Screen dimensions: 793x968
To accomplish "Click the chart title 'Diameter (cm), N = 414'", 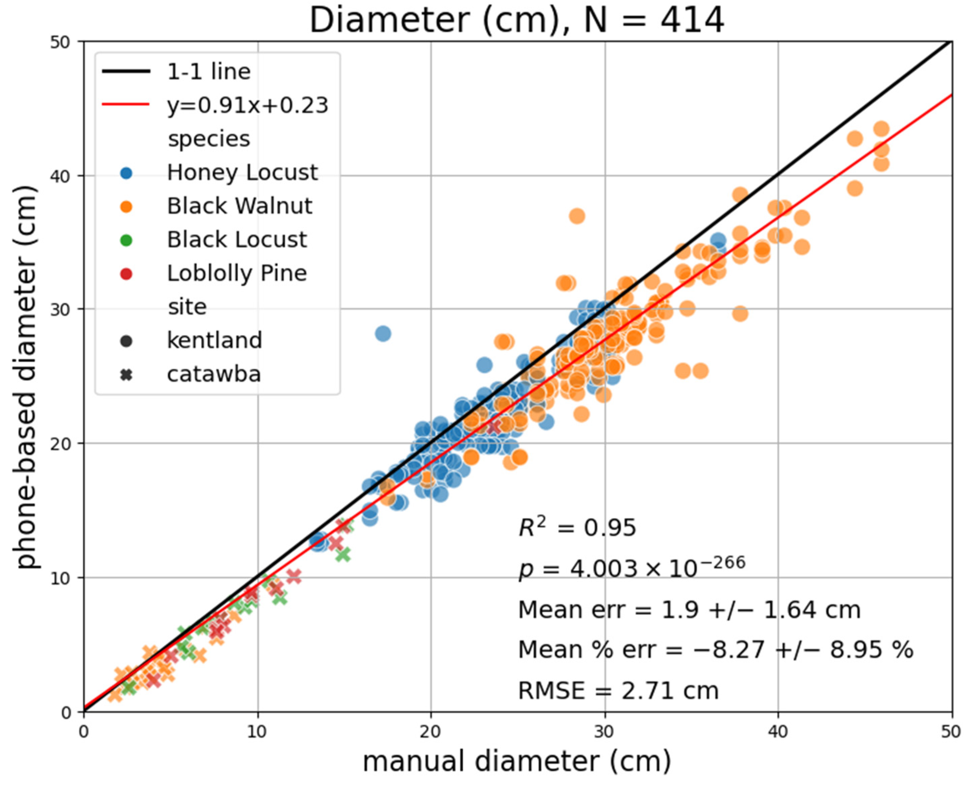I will coord(517,20).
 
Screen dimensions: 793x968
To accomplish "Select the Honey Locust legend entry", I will coord(242,173).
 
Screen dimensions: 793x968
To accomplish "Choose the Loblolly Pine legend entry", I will coord(237,273).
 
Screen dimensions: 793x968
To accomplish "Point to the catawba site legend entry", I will coord(213,374).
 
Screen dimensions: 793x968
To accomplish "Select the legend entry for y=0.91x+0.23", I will coord(247,105).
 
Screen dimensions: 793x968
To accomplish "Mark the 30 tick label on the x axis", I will coord(604,732).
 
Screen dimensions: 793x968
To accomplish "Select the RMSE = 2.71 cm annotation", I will coord(618,690).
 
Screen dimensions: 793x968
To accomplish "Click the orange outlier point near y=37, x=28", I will coord(577,216).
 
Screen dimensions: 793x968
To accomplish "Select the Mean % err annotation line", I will coord(715,650).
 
